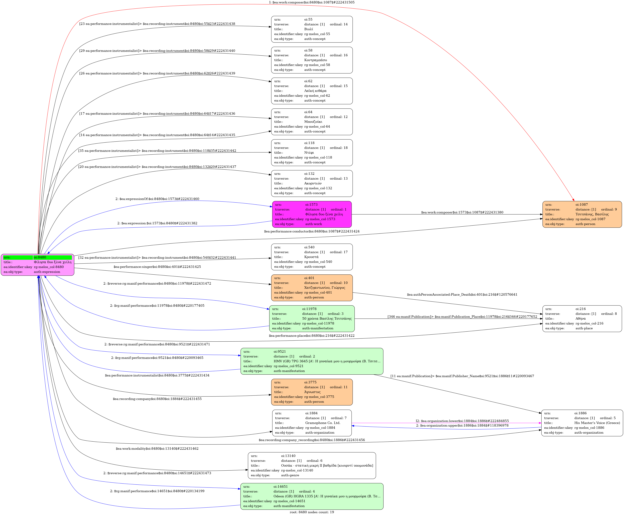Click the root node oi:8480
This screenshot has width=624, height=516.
[37, 265]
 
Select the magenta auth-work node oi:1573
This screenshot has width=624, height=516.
[312, 214]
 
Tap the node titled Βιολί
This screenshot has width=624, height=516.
[312, 29]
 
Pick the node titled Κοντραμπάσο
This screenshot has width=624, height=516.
[312, 60]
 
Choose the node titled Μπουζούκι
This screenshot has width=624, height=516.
[312, 122]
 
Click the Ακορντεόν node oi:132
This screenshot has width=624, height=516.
[312, 183]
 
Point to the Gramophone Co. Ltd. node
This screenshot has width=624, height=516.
[312, 423]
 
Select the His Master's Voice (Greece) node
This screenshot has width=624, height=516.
[582, 423]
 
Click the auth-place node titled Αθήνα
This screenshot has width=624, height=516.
[582, 319]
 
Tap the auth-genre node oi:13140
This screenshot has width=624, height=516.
[312, 466]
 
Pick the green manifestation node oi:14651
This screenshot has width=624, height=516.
[312, 496]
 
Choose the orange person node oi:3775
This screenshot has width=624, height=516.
[312, 392]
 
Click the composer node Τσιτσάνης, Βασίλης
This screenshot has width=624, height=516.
[582, 214]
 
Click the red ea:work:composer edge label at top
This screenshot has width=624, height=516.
[312, 2]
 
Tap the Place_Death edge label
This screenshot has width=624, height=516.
[462, 294]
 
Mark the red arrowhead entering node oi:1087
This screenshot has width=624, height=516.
[573, 200]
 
